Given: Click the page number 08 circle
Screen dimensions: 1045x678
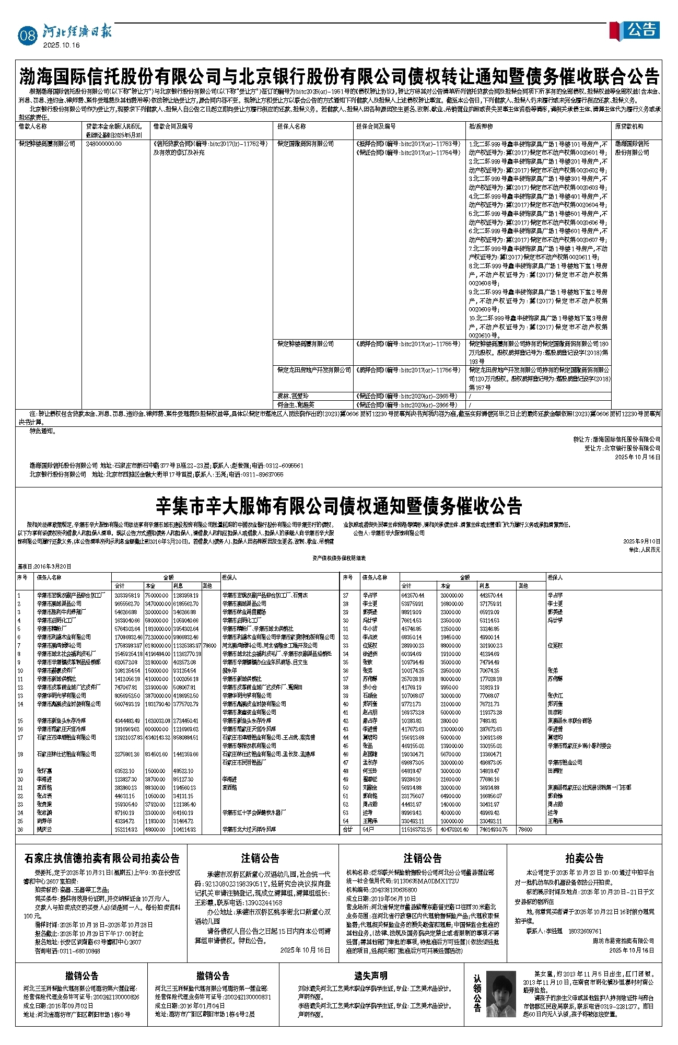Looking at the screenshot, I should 27,35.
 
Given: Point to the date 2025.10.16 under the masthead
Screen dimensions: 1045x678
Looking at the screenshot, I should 61,45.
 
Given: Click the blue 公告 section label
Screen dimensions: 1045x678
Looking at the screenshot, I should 641,30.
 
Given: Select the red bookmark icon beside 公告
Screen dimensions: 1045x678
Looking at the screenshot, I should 615,30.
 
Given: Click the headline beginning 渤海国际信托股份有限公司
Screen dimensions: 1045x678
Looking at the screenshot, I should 339,77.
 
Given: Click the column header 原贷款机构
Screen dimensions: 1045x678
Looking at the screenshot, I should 629,126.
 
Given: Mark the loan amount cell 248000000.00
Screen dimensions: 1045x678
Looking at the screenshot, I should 104,144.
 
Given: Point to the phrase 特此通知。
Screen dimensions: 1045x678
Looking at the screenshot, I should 43,431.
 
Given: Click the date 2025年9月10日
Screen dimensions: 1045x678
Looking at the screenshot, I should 641,541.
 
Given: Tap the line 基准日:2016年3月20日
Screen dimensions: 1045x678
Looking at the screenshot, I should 44,566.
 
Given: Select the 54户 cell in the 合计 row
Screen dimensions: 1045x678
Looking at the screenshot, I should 368,829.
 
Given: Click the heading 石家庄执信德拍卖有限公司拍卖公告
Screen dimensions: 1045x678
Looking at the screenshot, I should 102,858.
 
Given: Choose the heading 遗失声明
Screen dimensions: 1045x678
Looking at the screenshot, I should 370,976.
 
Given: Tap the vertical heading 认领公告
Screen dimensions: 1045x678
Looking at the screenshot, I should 477,993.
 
